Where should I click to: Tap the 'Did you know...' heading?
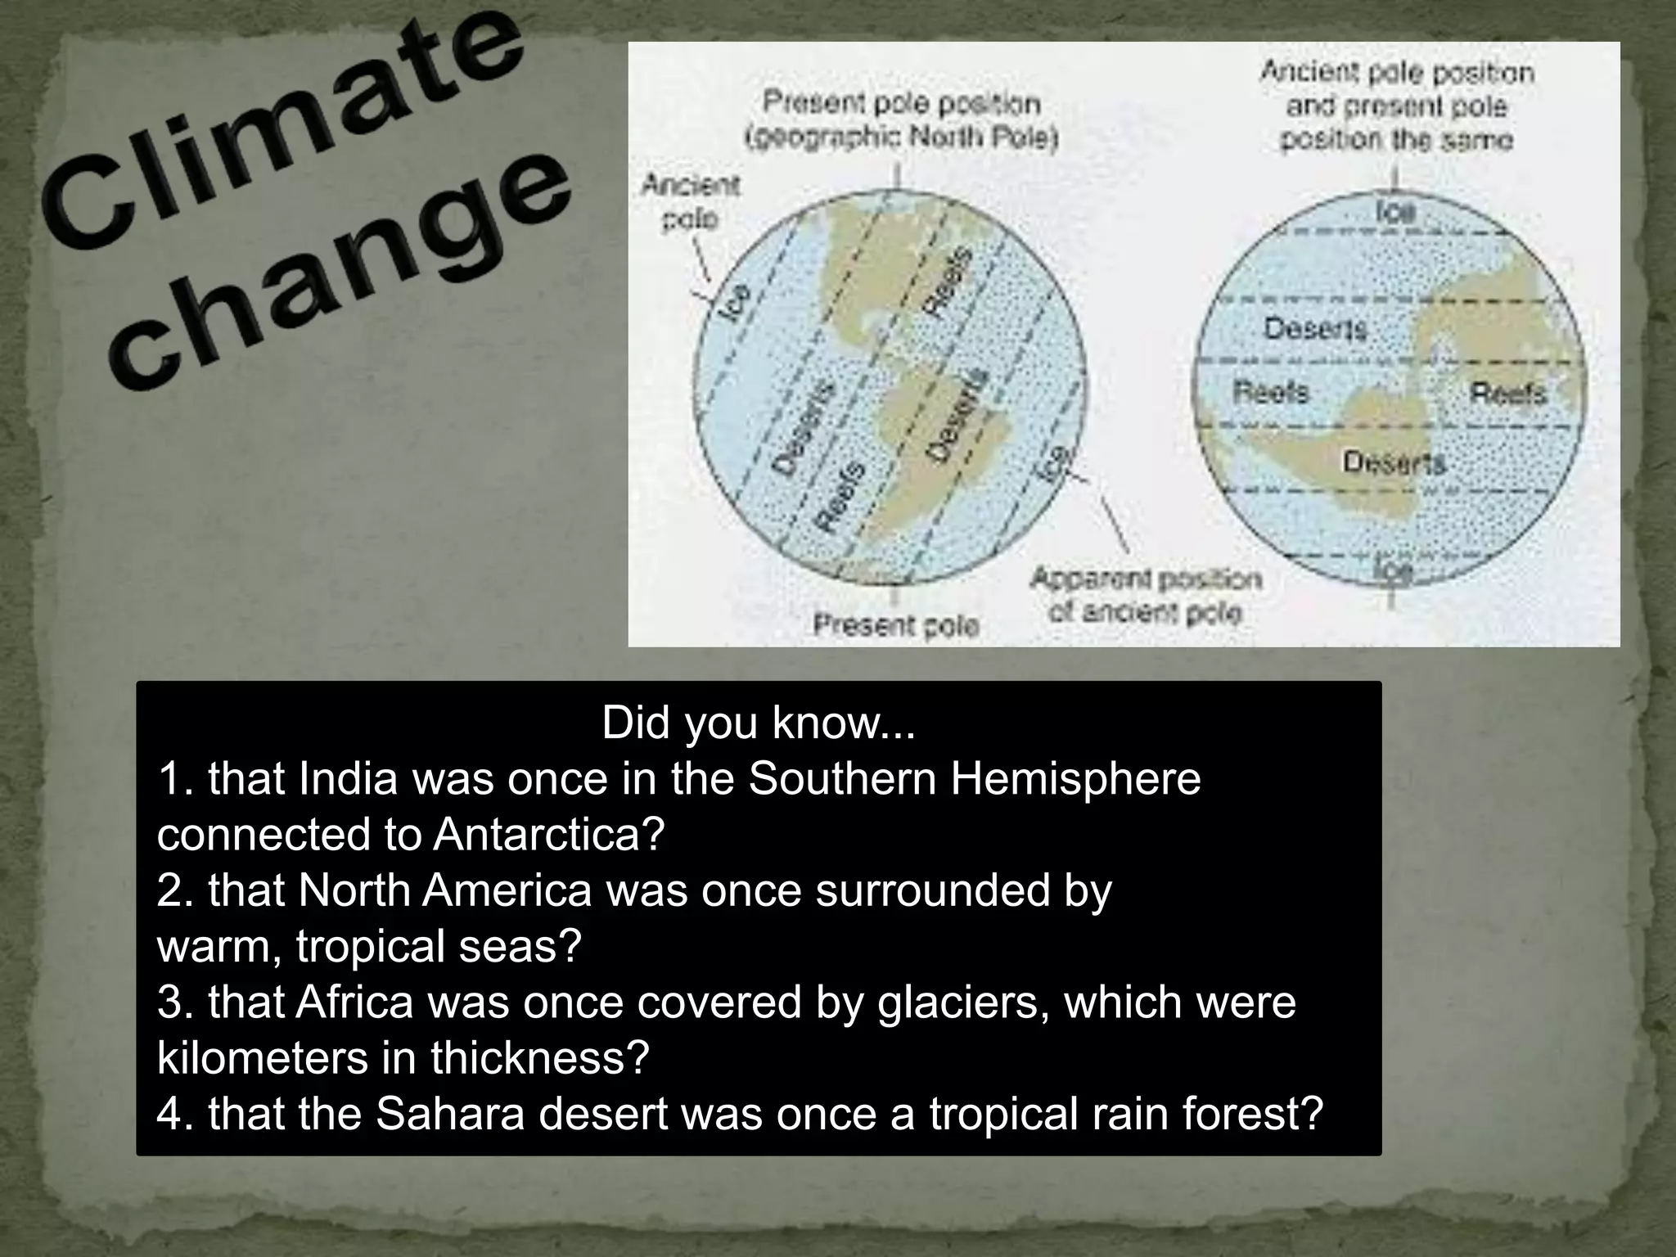pos(758,723)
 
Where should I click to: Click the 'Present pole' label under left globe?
pos(896,626)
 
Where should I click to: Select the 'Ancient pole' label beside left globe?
pos(690,201)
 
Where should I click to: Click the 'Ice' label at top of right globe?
pos(1395,212)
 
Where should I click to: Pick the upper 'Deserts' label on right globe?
pos(1315,329)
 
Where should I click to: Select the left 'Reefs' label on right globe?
pos(1271,393)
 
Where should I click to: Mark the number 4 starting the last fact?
pos(167,1114)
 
